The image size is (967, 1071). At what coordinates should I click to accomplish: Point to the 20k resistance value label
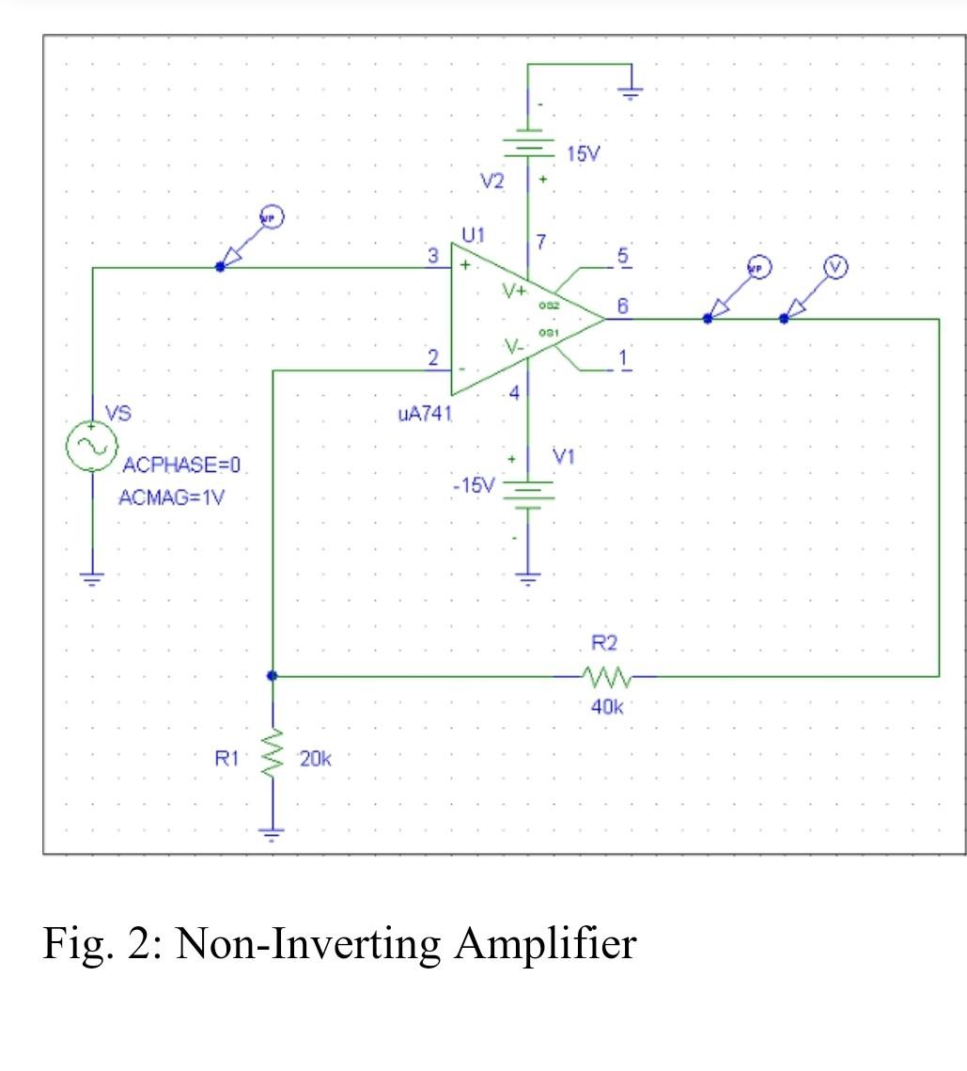pos(314,759)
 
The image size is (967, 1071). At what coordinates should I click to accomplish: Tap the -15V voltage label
pos(472,485)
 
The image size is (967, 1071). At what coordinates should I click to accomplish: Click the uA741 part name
pos(426,415)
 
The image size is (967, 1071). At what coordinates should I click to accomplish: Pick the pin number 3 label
pos(432,255)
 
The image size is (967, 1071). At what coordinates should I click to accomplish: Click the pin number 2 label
pos(432,357)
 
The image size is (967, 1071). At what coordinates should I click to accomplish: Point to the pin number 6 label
pos(622,306)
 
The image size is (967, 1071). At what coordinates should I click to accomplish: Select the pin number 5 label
pos(622,256)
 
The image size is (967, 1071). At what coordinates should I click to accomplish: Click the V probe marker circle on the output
pos(834,267)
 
